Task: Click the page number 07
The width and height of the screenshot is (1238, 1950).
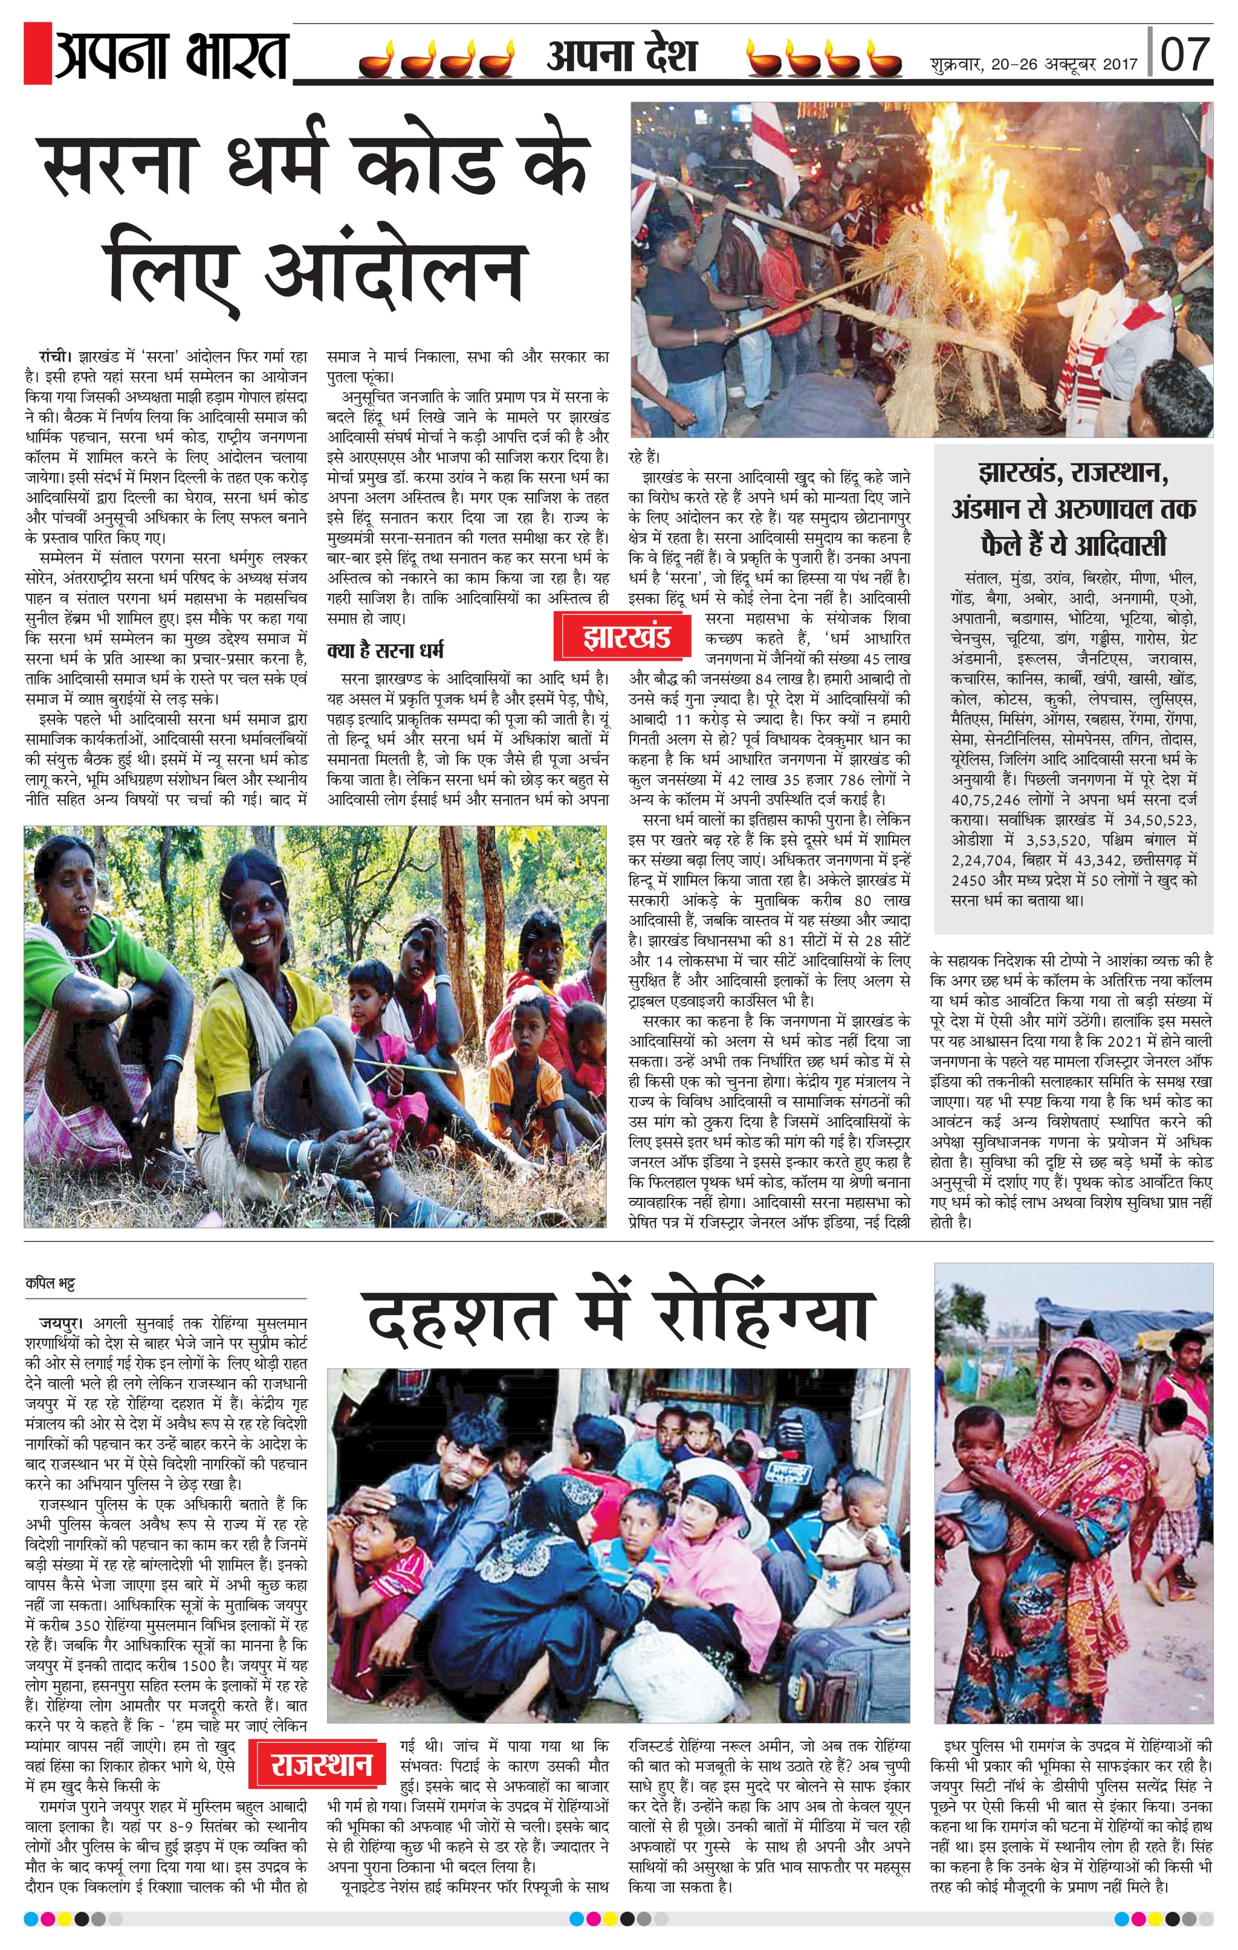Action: [1185, 55]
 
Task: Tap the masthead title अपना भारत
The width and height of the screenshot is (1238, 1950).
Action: [172, 55]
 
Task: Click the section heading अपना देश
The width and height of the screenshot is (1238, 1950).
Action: [621, 57]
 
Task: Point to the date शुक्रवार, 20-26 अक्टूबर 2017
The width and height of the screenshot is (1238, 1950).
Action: [1034, 64]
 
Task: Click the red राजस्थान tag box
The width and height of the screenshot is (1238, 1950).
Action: [322, 1765]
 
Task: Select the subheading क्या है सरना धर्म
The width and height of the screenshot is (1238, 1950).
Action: [385, 650]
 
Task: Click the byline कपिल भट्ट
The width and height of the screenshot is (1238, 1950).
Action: [50, 1284]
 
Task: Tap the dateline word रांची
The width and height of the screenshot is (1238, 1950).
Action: [55, 356]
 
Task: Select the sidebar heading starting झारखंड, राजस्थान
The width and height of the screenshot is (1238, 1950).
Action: [1073, 509]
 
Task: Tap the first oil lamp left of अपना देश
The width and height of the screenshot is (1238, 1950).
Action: [378, 62]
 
